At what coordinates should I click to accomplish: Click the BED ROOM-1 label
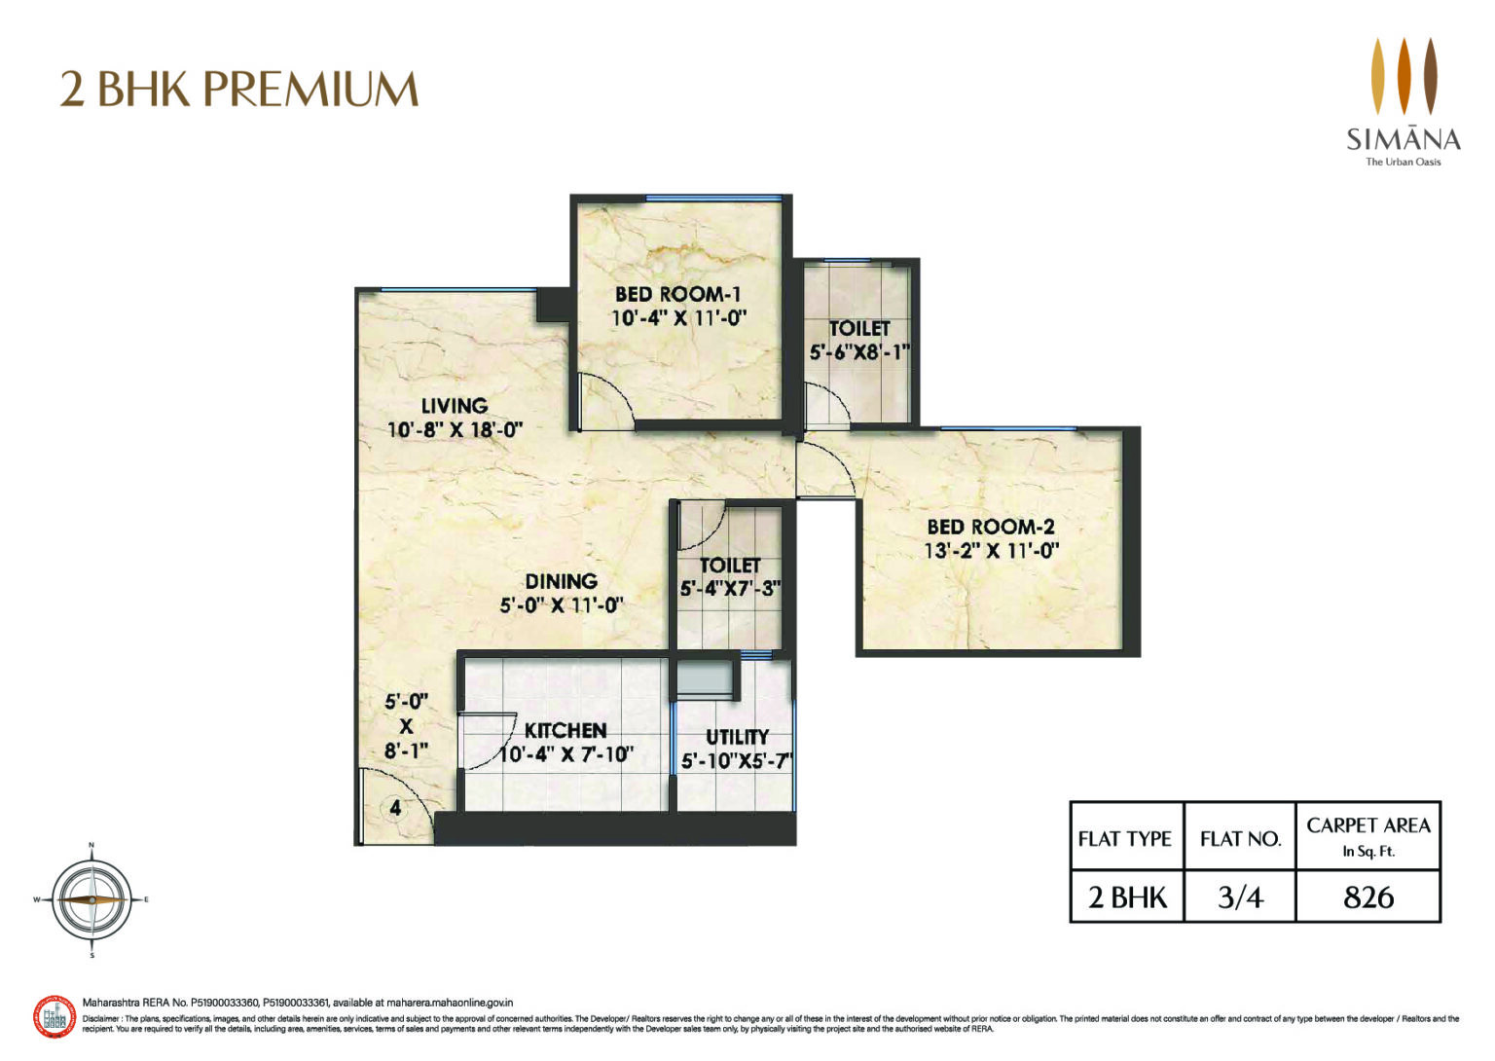coord(677,294)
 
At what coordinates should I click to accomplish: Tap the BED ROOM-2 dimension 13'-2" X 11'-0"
coord(991,551)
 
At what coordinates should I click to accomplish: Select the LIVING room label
coord(454,406)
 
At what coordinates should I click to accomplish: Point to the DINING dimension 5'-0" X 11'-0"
coord(561,605)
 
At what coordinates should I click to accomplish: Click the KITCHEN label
coord(565,731)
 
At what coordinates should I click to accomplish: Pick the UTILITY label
coord(737,737)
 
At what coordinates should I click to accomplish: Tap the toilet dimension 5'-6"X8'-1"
coord(858,352)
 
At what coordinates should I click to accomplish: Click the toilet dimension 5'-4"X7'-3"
coord(730,589)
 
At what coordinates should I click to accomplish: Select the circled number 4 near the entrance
coord(395,808)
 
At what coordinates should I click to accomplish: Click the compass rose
coord(91,900)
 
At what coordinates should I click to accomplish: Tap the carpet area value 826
coord(1367,896)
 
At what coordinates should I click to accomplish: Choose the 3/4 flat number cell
coord(1240,896)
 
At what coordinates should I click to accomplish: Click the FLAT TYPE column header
coord(1125,838)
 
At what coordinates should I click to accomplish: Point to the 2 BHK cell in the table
coord(1126,896)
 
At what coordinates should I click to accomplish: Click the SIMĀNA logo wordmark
coord(1403,139)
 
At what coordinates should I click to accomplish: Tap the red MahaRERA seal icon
coord(55,1018)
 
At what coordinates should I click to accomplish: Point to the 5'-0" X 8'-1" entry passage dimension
coord(406,726)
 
